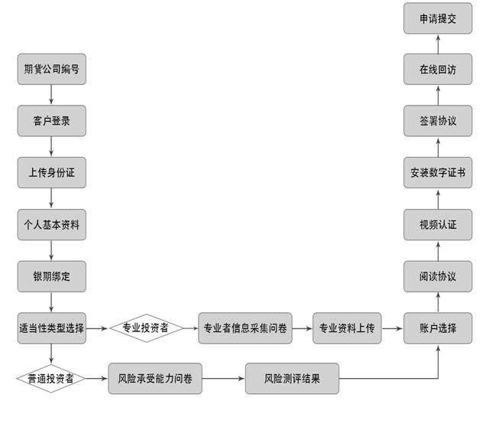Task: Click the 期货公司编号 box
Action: click(51, 69)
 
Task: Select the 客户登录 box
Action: click(51, 120)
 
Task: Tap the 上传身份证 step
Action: click(51, 172)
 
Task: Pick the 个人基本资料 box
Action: click(51, 224)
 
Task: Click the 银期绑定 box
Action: click(51, 276)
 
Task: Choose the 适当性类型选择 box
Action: click(51, 328)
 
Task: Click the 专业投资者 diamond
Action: click(147, 328)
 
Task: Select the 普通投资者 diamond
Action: click(51, 378)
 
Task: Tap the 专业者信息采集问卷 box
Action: click(245, 328)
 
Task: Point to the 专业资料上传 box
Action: click(346, 328)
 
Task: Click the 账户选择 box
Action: click(438, 328)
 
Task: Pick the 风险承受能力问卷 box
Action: click(155, 378)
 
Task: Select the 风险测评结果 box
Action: click(292, 378)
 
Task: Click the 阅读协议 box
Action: click(438, 276)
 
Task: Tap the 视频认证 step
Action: click(438, 224)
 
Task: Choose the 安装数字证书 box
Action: click(438, 172)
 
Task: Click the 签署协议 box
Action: click(438, 120)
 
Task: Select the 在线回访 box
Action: click(438, 69)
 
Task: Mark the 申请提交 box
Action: click(438, 18)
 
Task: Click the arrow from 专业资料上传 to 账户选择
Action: click(392, 328)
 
